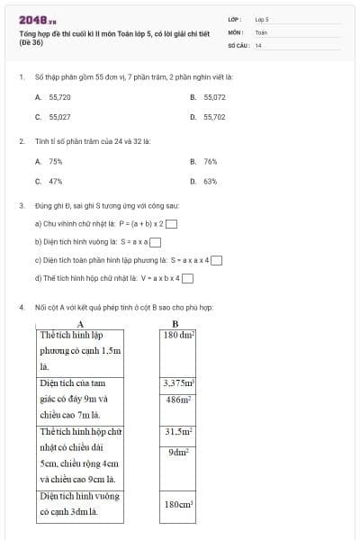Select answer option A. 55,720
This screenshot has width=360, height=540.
tap(52, 96)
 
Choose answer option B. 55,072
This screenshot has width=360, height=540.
tap(209, 96)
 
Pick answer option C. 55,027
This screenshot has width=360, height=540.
tap(52, 117)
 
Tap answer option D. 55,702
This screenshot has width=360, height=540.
tap(209, 117)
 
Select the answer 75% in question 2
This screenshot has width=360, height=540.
tap(50, 161)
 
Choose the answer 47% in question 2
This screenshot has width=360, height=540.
tap(50, 181)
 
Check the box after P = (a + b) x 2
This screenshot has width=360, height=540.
tap(171, 225)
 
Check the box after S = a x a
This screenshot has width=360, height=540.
tap(156, 242)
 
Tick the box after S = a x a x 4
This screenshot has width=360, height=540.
tap(216, 261)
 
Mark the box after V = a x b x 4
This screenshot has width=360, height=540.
tap(187, 279)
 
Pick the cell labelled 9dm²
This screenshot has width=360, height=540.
tap(179, 452)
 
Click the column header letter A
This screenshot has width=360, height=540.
tap(81, 323)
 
